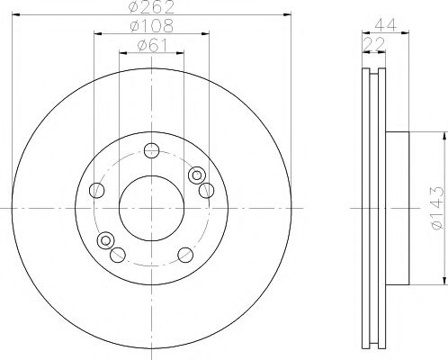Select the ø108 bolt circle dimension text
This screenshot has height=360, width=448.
pyautogui.click(x=151, y=27)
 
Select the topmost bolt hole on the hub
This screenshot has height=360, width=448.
pyautogui.click(x=151, y=149)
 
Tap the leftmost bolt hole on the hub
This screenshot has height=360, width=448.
pyautogui.click(x=97, y=189)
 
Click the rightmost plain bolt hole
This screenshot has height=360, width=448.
pyautogui.click(x=206, y=189)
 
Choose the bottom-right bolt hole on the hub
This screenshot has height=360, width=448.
pyautogui.click(x=185, y=254)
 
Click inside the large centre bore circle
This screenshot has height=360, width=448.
pyautogui.click(x=151, y=207)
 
